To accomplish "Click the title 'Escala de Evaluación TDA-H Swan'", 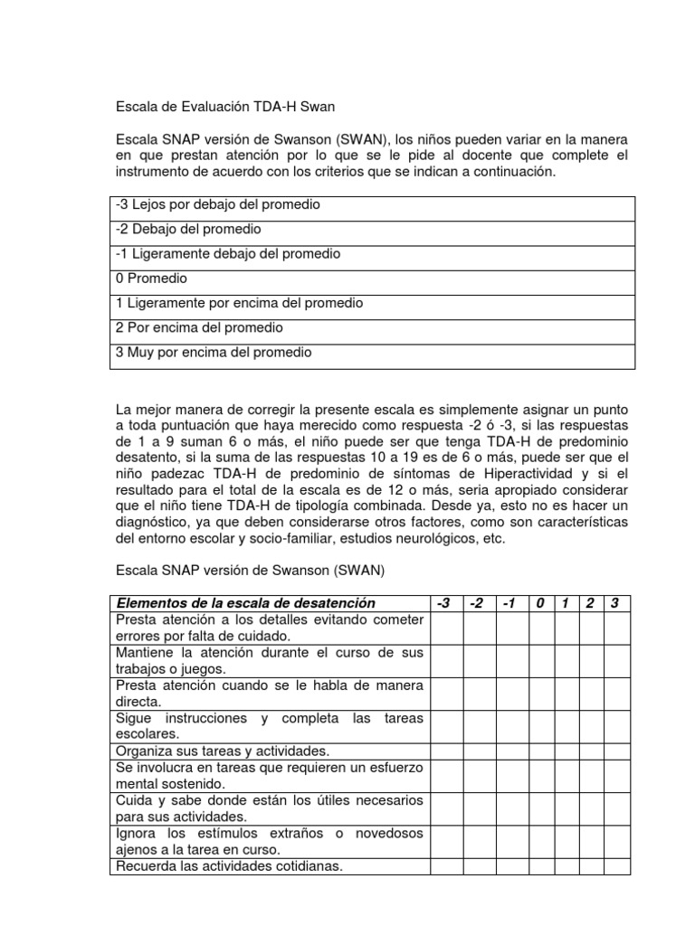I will point(224,107).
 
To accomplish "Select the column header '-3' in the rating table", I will point(445,603).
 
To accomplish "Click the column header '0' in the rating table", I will point(538,603).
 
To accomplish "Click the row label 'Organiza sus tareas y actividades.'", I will point(222,751).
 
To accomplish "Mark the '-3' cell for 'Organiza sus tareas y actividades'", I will point(445,751).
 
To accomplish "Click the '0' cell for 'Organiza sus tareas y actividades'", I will point(538,751).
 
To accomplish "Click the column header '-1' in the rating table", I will point(509,603).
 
